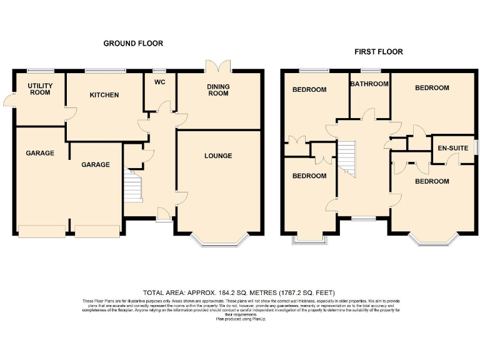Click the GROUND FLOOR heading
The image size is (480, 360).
point(133,44)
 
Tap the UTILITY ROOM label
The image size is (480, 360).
point(39,89)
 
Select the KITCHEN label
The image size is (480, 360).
point(104,95)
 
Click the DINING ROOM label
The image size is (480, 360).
point(218,90)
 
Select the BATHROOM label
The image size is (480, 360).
point(369,83)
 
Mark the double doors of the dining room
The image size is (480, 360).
point(218,66)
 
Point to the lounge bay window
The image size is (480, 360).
point(218,241)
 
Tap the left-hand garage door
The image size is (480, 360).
point(41,231)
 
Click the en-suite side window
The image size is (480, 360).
point(476,147)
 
